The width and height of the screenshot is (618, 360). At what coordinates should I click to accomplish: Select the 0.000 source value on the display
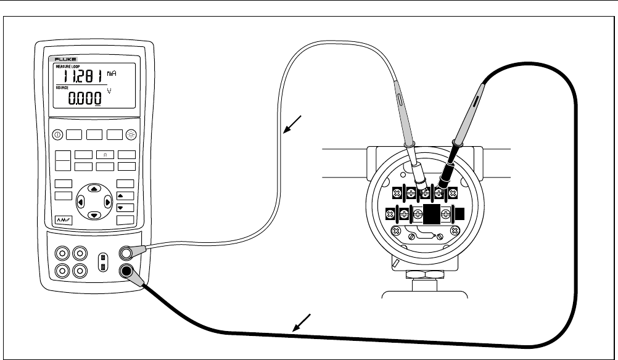point(84,97)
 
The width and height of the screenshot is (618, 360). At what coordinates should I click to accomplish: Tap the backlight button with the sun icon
point(132,135)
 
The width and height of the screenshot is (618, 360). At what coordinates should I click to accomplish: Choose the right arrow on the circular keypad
point(107,202)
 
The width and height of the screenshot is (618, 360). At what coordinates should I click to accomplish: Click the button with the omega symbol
point(105,154)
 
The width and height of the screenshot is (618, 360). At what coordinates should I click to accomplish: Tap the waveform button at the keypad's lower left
point(64,219)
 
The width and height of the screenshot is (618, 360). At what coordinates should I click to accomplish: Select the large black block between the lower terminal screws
point(431,215)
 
